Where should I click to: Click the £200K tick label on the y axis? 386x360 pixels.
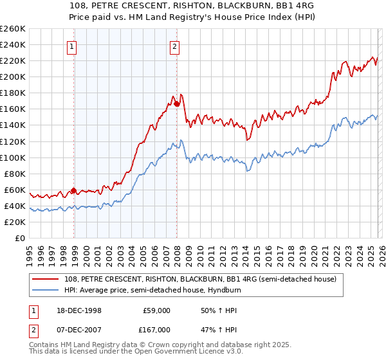(x=13, y=76)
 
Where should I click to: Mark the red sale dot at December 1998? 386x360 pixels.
(x=74, y=190)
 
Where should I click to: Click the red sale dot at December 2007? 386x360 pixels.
(x=176, y=103)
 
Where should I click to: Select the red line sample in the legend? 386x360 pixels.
(x=46, y=279)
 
